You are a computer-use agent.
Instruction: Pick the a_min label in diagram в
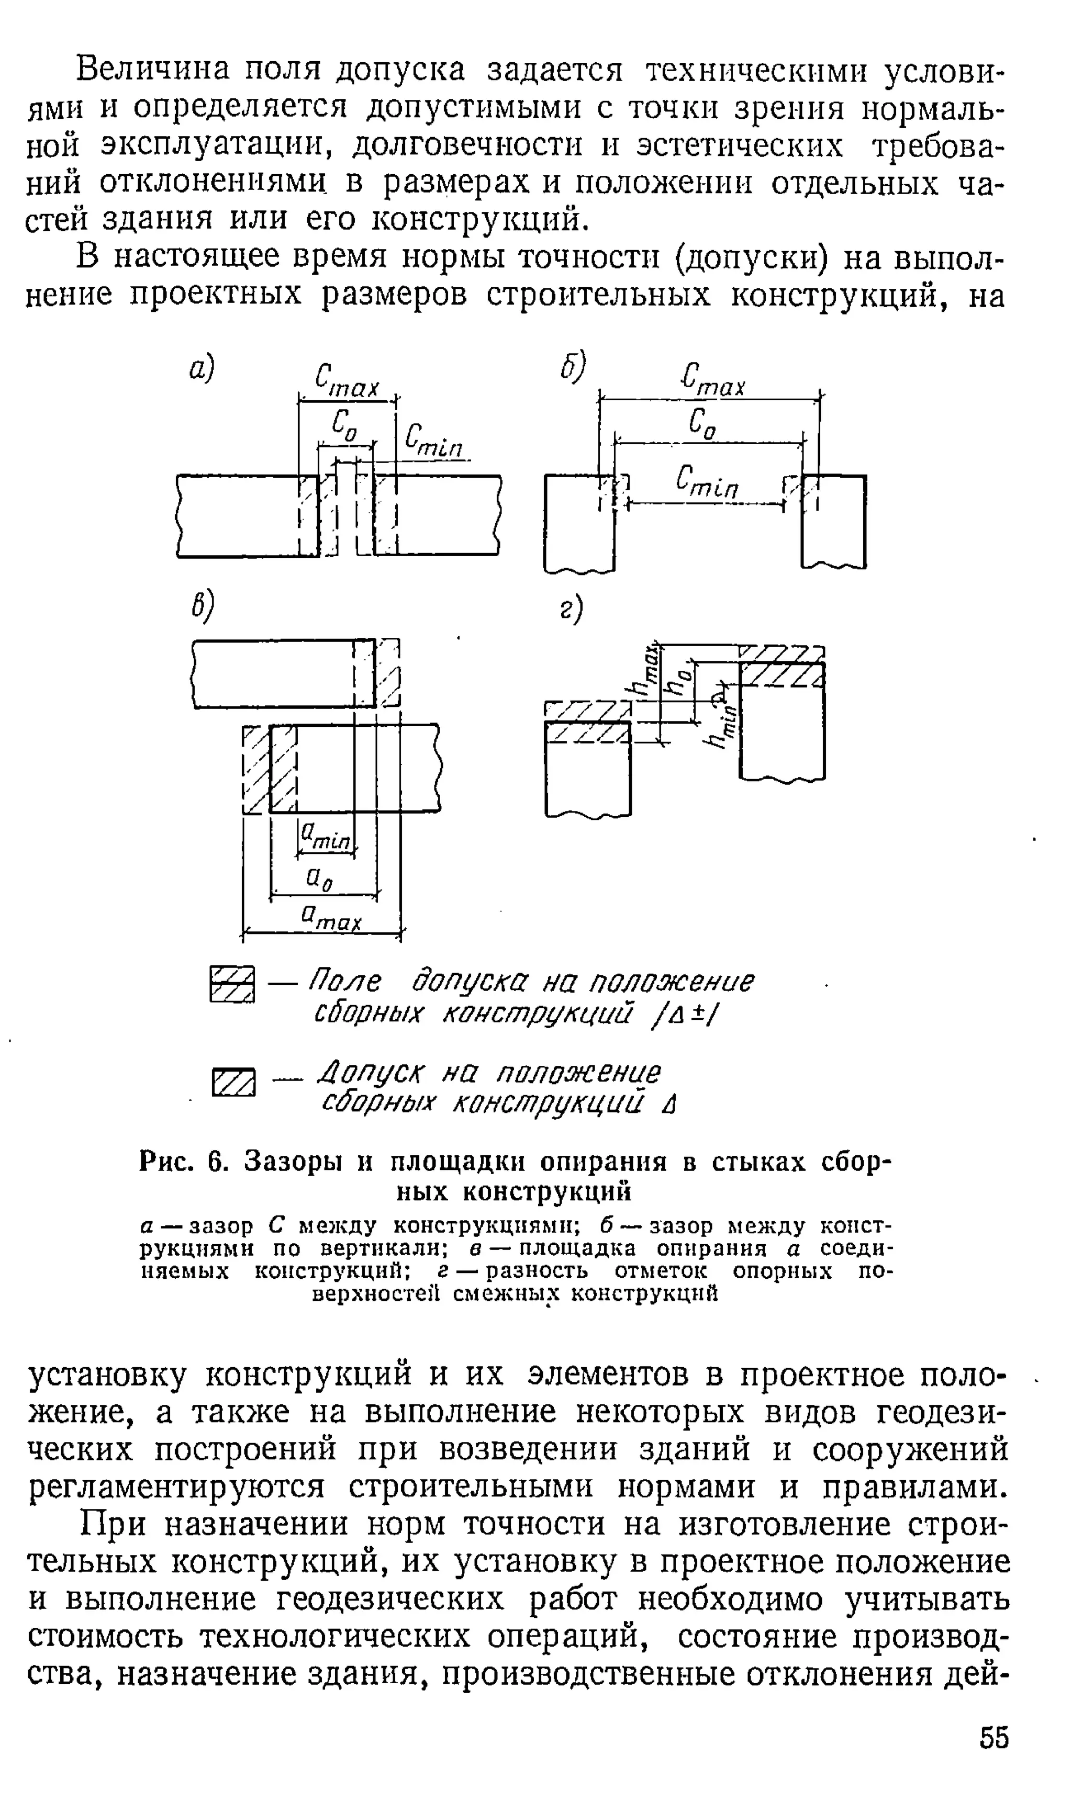(325, 839)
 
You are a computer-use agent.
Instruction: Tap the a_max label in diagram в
(331, 918)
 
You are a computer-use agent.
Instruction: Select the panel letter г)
(571, 609)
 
